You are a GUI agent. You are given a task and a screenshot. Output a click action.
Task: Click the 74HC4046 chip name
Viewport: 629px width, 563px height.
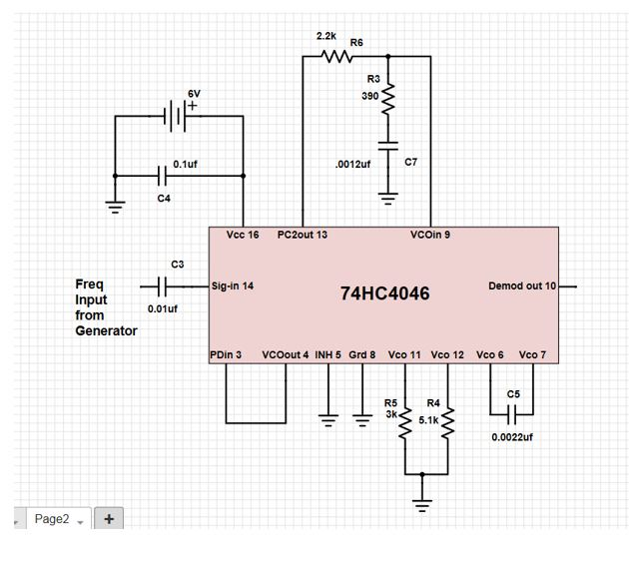pos(384,294)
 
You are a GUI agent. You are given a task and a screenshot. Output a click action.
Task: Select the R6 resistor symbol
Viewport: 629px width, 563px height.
pos(337,57)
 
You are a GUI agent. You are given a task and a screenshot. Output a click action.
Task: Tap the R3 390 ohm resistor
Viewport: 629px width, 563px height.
pos(388,97)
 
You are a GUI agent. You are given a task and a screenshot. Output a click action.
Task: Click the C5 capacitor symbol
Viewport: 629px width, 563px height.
pos(511,413)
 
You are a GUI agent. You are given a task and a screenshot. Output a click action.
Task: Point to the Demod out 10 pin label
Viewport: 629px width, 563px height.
pos(522,286)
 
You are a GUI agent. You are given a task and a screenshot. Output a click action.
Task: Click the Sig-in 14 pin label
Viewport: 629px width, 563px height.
pos(233,286)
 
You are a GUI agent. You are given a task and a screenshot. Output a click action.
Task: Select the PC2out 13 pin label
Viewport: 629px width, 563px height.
pos(302,236)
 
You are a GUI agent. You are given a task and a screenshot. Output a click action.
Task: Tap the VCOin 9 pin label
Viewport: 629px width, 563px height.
pos(430,236)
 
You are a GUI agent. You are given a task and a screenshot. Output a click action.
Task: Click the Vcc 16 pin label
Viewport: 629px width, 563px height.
pos(243,236)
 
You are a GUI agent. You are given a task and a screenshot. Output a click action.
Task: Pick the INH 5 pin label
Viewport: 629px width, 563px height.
pos(327,354)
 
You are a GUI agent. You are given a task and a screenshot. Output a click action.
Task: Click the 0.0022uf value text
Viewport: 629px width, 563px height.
pos(511,437)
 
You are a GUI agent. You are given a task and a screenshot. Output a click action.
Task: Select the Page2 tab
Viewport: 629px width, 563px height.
pos(52,518)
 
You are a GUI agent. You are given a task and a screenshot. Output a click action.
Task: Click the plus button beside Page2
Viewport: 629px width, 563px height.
pos(108,518)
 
